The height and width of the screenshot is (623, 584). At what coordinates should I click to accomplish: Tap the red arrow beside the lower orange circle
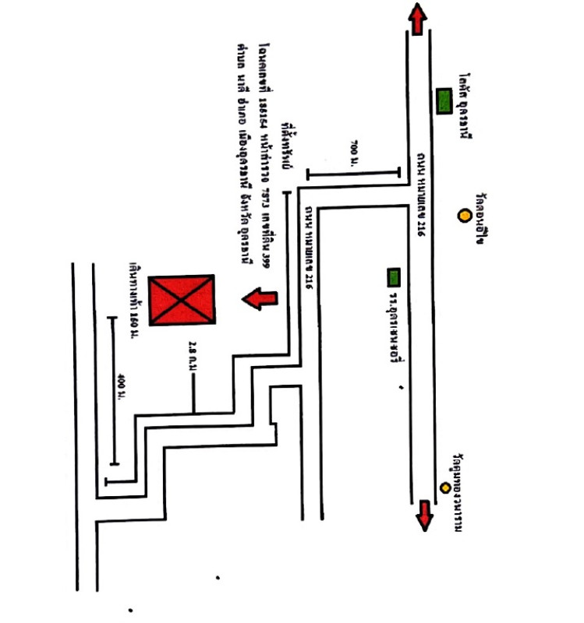425,515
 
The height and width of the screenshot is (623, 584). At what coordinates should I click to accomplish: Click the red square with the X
182,300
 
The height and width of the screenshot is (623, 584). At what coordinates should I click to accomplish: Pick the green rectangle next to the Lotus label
444,101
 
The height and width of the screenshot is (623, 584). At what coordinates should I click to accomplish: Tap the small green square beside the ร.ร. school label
394,276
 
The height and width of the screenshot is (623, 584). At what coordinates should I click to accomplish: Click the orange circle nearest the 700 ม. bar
464,215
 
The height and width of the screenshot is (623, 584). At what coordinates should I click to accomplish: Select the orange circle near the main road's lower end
445,487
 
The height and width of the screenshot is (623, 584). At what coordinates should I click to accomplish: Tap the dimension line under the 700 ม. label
353,171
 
